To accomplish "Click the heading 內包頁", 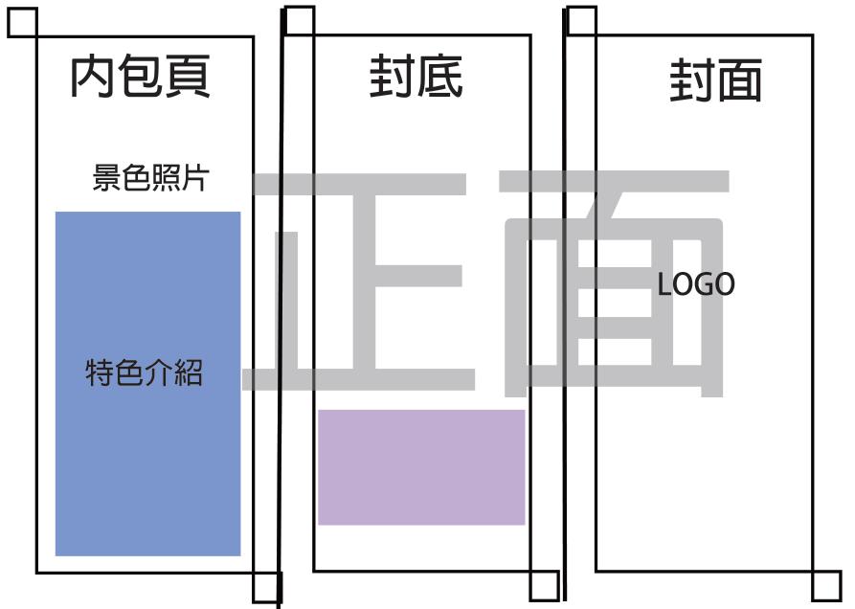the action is point(140,77).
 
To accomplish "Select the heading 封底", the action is point(416,78).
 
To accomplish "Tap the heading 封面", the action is point(715,80).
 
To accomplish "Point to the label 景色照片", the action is point(149,178).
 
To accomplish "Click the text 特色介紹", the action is point(145,372).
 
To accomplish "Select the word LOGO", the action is point(696,284).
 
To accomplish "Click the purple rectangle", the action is point(421,467).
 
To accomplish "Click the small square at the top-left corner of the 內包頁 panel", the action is point(22,23).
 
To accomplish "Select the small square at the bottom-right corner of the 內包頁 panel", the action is point(266,587).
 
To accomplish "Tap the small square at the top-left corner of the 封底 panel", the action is point(299,21).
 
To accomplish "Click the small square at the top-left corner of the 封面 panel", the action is point(581,21).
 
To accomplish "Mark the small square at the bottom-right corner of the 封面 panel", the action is point(826,585).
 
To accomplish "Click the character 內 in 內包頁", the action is point(93,77).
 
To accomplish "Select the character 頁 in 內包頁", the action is point(187,77).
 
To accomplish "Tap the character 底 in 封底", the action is point(439,78).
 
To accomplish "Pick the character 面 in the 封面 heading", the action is point(739,80).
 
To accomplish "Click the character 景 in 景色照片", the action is point(105,178).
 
